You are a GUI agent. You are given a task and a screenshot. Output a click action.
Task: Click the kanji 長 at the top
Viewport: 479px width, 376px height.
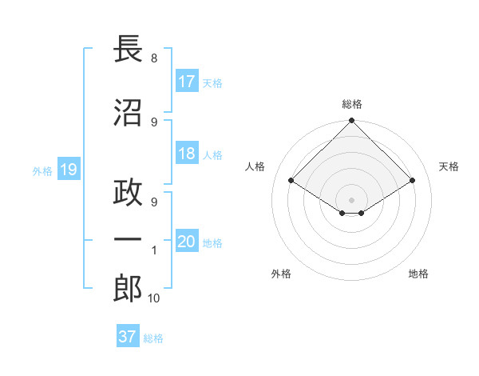128,50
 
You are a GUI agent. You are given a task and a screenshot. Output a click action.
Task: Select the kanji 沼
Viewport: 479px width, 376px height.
128,113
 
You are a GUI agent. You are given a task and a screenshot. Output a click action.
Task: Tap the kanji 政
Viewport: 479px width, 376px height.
128,194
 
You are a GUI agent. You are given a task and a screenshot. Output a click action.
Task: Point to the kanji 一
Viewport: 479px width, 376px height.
128,240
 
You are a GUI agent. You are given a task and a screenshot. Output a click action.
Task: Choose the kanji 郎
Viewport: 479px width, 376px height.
128,289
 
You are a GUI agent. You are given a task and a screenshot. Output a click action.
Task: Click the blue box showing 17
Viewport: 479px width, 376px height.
187,82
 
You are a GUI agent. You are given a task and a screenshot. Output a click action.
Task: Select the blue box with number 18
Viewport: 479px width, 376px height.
187,154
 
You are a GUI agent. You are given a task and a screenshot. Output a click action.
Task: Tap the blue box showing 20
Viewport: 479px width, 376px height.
187,242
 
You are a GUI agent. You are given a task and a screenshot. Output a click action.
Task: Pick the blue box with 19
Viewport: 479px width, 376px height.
68,170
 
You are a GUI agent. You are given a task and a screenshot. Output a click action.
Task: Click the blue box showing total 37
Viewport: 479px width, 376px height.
127,337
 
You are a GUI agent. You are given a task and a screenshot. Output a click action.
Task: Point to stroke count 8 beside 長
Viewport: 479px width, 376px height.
153,58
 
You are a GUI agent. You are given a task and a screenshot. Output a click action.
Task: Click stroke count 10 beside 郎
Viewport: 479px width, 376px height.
153,298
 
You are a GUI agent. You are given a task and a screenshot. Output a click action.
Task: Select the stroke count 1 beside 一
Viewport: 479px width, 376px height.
153,250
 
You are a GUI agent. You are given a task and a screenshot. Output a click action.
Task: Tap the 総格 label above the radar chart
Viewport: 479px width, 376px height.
352,104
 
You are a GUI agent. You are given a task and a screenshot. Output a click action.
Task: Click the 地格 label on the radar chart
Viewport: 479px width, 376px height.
418,274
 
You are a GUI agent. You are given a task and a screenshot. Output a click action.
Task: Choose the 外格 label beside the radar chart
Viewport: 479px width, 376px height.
281,274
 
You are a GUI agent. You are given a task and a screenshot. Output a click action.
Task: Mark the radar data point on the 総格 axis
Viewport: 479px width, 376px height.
351,122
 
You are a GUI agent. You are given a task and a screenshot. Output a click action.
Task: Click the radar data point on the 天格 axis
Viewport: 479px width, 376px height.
412,181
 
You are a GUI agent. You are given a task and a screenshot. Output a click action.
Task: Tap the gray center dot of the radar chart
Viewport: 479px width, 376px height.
351,199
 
